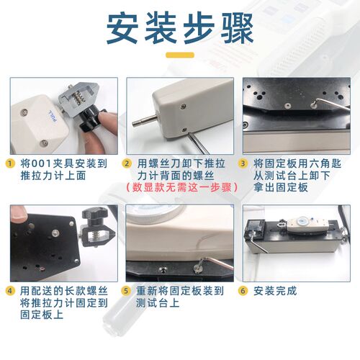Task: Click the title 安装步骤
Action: point(180,29)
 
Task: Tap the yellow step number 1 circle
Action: point(10,163)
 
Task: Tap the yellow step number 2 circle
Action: point(126,163)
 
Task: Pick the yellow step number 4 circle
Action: point(10,291)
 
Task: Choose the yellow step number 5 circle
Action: point(126,291)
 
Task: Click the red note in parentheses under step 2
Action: point(181,186)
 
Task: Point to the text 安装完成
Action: point(276,291)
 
